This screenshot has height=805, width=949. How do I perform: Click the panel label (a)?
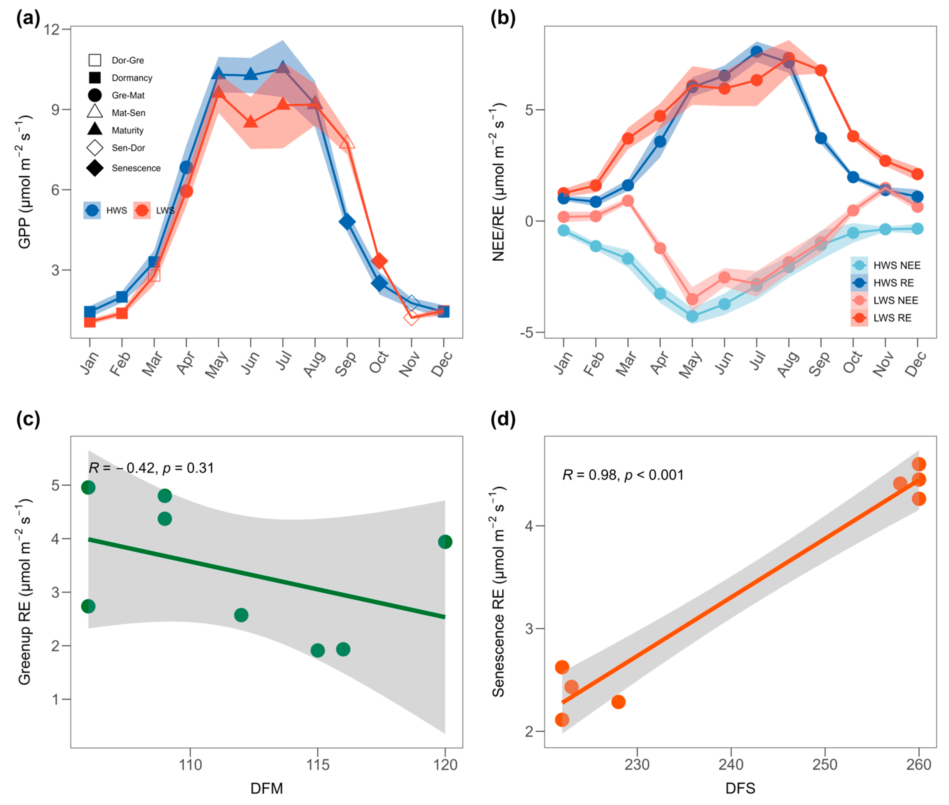click(x=28, y=19)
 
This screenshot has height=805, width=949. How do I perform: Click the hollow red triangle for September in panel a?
click(x=347, y=142)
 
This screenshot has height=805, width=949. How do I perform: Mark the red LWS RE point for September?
click(x=821, y=70)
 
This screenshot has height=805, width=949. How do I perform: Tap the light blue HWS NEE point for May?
click(x=692, y=316)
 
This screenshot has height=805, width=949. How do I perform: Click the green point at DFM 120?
click(x=445, y=542)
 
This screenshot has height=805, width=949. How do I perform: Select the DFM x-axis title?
click(x=266, y=788)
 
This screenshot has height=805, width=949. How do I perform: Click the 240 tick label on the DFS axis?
click(x=731, y=764)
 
